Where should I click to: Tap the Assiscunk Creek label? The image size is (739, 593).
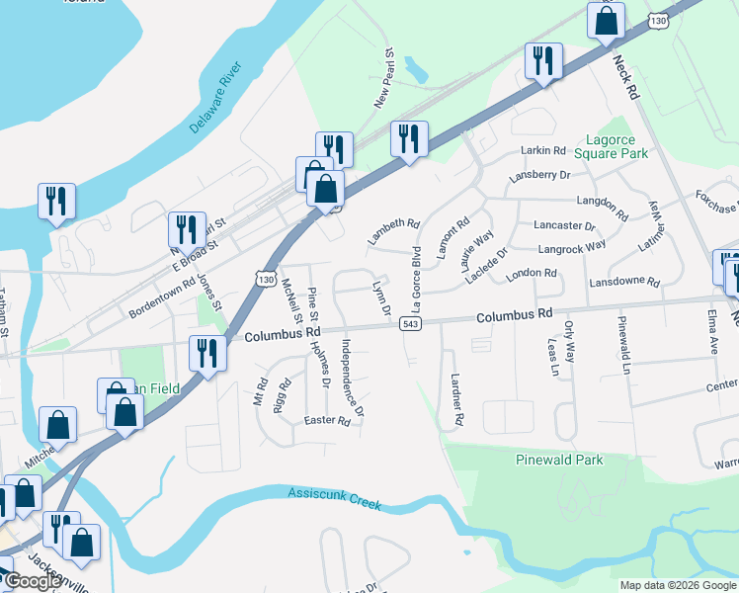coord(334,497)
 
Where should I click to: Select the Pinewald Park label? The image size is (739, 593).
coord(559,460)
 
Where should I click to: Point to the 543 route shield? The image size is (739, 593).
coord(412,324)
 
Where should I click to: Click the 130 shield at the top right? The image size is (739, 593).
coord(658,20)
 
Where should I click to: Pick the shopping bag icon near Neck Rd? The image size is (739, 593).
coord(606,19)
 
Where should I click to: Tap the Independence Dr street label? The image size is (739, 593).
coord(353,377)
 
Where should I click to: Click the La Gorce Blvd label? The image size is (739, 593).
coord(416,260)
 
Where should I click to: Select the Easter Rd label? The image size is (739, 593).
coord(329,421)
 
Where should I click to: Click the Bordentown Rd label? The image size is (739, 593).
coord(163,298)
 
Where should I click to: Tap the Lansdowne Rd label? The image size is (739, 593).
coord(623,282)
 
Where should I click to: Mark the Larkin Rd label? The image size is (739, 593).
coord(543,151)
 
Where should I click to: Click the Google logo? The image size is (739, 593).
coord(34,581)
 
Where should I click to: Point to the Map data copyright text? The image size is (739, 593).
coord(677,585)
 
